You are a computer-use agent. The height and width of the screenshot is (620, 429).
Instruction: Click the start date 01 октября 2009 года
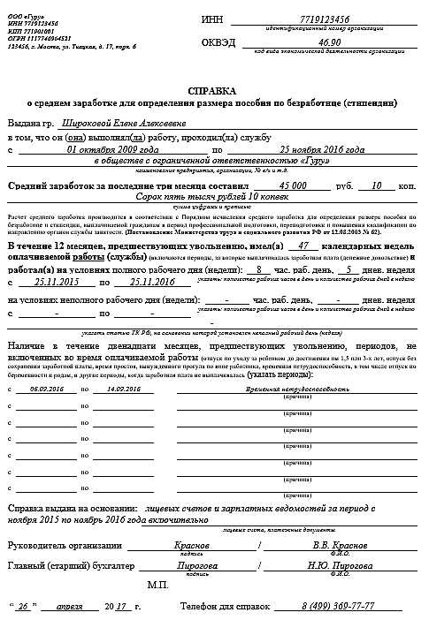(x=103, y=150)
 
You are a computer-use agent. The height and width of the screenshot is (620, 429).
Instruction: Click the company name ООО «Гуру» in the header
(x=21, y=8)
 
